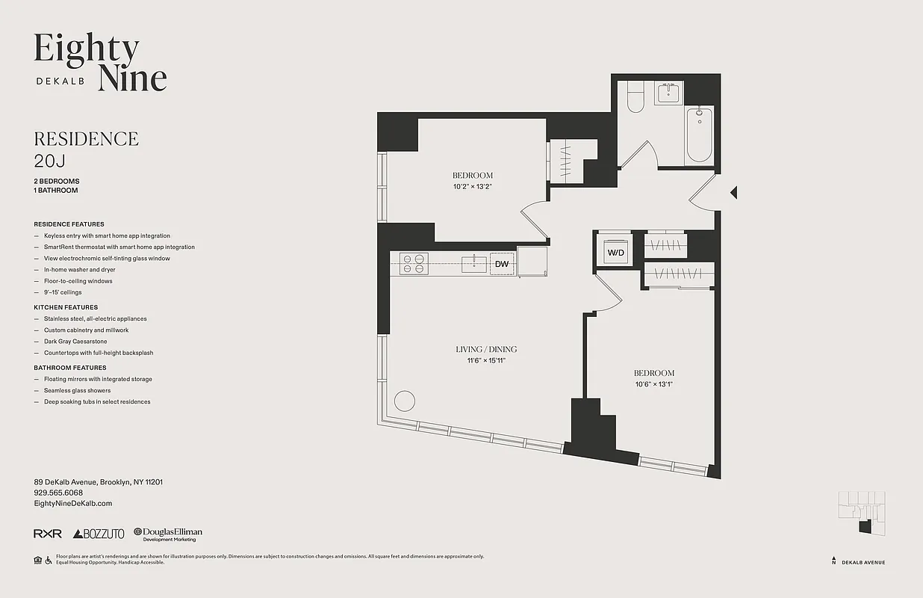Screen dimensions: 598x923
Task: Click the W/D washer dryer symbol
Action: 616,253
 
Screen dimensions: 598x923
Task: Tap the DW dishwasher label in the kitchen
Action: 502,264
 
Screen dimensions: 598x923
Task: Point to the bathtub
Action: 699,134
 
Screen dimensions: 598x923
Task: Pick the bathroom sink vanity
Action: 667,94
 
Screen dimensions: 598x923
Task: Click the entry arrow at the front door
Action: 733,193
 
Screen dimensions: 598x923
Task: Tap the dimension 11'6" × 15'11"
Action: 486,360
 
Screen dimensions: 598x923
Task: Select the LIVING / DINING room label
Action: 486,349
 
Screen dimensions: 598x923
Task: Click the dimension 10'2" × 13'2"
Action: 473,187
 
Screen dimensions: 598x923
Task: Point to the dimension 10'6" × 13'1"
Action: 654,384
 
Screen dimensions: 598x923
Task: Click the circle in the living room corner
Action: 404,401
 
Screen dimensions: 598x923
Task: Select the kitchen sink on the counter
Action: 471,262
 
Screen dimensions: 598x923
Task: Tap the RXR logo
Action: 48,534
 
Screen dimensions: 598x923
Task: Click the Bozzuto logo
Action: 99,534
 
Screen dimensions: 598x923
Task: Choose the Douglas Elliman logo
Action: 168,534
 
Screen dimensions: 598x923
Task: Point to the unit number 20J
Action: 50,160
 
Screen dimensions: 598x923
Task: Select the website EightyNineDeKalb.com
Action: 73,504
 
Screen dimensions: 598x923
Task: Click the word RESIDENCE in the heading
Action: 86,139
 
